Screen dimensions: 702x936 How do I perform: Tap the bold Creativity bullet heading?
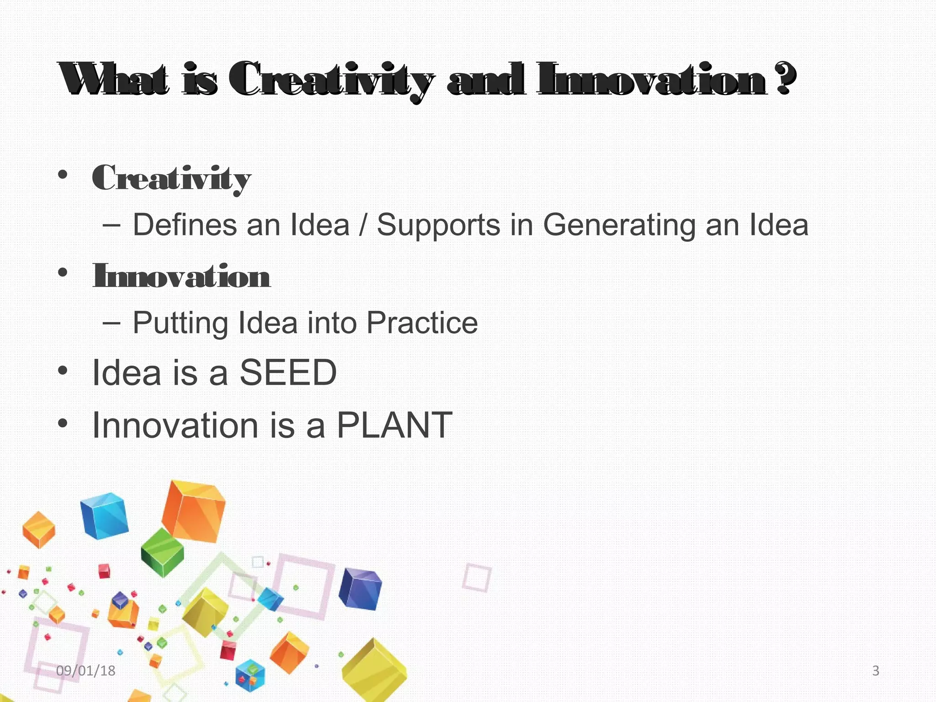click(171, 178)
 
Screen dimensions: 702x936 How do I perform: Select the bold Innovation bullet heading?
click(181, 276)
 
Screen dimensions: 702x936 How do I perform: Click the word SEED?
click(288, 372)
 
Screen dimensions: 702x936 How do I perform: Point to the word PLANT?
click(394, 425)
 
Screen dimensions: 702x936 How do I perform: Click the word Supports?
click(438, 225)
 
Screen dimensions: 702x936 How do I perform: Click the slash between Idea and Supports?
click(362, 226)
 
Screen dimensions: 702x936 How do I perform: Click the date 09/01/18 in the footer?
click(85, 670)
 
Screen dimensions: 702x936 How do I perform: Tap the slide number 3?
click(876, 670)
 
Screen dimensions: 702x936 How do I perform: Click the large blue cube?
click(104, 515)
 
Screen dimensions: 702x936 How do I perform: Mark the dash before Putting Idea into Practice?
click(112, 323)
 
